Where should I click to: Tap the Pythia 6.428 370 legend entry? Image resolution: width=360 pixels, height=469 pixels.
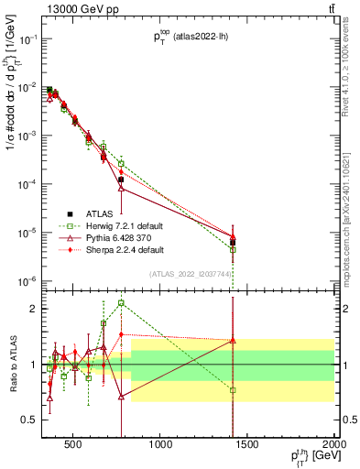click(x=111, y=237)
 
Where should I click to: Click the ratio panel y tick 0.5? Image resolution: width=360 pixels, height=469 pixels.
click(x=31, y=420)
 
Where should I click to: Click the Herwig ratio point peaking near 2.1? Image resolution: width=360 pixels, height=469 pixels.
click(x=121, y=302)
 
